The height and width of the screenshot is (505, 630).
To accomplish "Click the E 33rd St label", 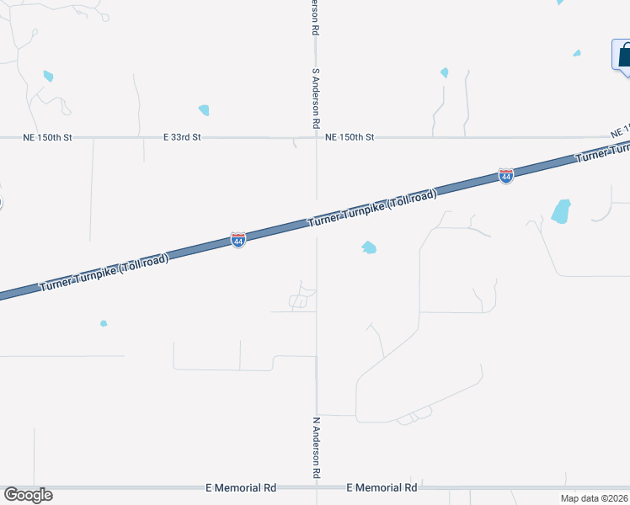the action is pyautogui.click(x=183, y=136).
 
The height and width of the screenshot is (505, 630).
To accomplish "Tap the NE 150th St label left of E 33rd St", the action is pyautogui.click(x=47, y=136).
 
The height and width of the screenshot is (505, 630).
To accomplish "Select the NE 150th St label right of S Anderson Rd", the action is pyautogui.click(x=349, y=136).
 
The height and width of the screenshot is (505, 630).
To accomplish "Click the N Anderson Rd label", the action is pyautogui.click(x=317, y=447).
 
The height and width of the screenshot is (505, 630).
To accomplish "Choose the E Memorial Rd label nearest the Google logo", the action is pyautogui.click(x=241, y=487).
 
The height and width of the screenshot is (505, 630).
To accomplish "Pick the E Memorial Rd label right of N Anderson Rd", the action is pyautogui.click(x=382, y=487).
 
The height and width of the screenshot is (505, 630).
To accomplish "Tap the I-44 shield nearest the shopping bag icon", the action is pyautogui.click(x=505, y=176).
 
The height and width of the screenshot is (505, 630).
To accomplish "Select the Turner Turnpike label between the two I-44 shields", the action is pyautogui.click(x=372, y=209).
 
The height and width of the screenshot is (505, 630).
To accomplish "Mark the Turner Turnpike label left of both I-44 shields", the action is pyautogui.click(x=104, y=274).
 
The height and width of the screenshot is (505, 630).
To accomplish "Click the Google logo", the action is pyautogui.click(x=28, y=495).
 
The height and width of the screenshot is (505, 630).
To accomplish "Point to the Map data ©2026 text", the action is pyautogui.click(x=595, y=498).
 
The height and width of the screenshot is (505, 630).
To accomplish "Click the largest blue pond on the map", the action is pyautogui.click(x=561, y=211).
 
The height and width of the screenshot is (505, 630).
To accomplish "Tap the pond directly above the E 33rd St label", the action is pyautogui.click(x=203, y=110).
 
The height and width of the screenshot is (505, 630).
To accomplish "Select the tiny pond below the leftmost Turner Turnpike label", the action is pyautogui.click(x=104, y=323).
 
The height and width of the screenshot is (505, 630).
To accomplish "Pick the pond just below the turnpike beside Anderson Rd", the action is pyautogui.click(x=368, y=247).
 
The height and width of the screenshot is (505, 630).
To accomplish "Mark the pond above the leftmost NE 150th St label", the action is pyautogui.click(x=48, y=77).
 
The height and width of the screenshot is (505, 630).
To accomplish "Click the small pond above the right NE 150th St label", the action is pyautogui.click(x=444, y=73).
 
